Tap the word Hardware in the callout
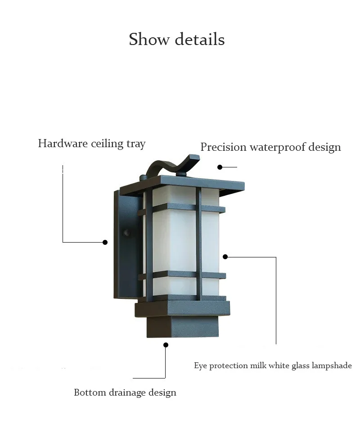tap(63, 144)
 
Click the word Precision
tap(223, 147)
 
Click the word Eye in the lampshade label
tap(200, 365)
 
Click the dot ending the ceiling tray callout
tap(105, 242)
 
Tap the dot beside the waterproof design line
tap(220, 167)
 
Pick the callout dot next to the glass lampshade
tap(225, 257)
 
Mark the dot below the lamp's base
tap(166, 345)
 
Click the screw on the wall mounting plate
tap(126, 233)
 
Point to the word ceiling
tap(107, 144)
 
